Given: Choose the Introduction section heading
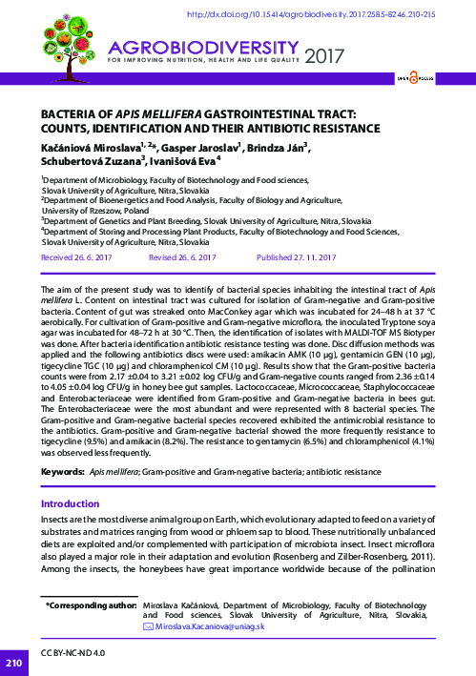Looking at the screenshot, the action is pyautogui.click(x=72, y=503).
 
